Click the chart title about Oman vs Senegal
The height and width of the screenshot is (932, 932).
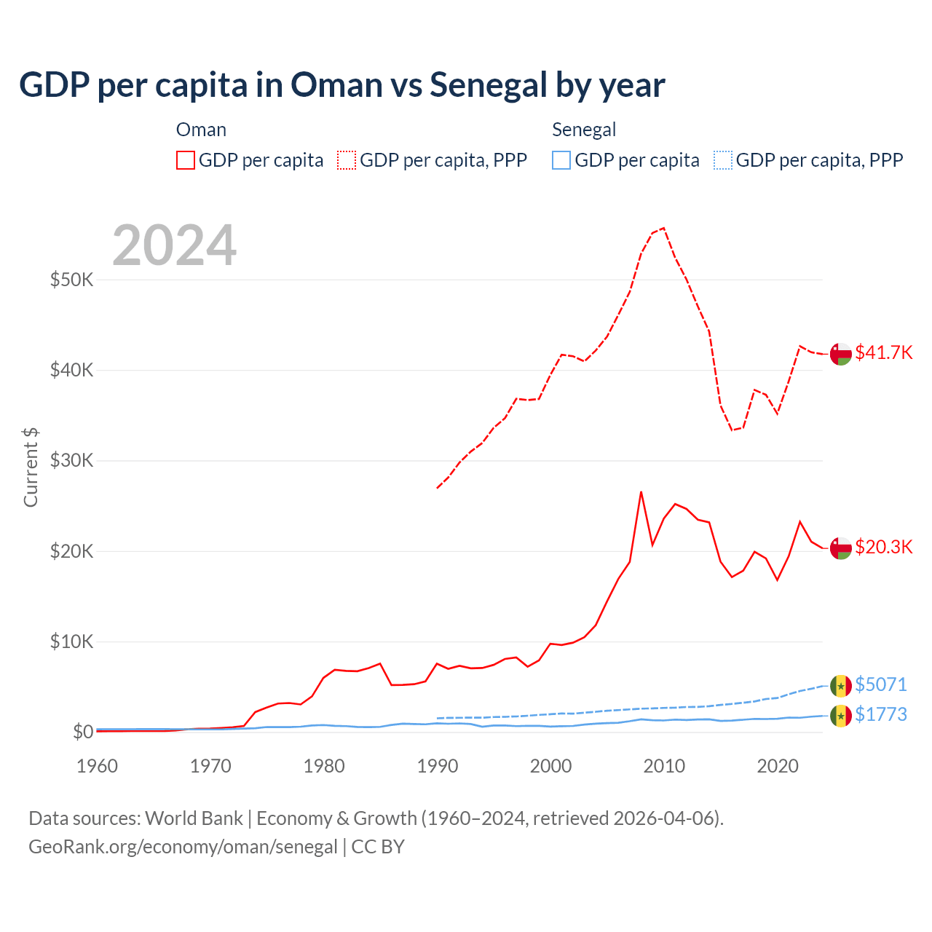341,85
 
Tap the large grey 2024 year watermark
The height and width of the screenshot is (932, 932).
175,245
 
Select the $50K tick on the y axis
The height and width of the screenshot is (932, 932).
71,280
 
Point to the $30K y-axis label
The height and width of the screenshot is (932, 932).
71,460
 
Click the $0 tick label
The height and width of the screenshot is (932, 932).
82,732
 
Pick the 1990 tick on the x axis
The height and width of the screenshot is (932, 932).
438,766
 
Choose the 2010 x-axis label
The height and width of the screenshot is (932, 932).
664,766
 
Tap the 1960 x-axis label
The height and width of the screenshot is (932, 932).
98,766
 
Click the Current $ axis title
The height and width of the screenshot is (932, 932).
31,467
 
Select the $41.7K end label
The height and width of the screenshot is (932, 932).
883,352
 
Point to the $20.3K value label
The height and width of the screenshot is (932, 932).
883,547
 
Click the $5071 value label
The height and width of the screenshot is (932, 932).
880,684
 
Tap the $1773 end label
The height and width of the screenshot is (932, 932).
880,714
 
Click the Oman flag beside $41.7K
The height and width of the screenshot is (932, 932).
840,353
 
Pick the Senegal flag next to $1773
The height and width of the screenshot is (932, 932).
840,716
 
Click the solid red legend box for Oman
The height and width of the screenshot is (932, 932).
186,160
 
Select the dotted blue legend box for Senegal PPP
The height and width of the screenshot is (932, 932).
722,160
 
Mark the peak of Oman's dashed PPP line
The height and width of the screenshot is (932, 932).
663,228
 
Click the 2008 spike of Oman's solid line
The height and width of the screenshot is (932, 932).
641,491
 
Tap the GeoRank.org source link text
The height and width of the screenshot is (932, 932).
183,847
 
